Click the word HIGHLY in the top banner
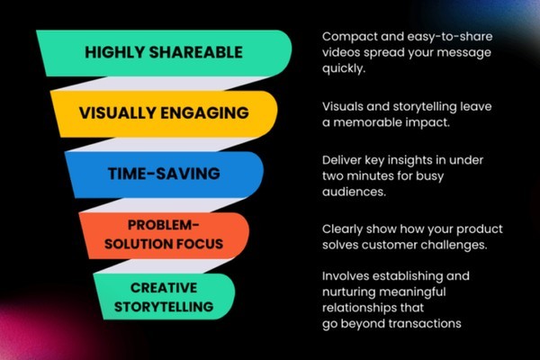click(x=114, y=52)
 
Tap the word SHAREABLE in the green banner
click(x=196, y=52)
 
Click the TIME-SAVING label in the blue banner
click(x=164, y=174)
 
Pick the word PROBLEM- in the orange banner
click(x=164, y=225)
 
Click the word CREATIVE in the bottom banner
click(x=164, y=288)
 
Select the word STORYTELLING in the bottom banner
click(x=164, y=307)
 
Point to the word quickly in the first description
click(x=344, y=68)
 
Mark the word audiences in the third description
click(x=354, y=192)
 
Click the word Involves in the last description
click(x=345, y=276)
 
